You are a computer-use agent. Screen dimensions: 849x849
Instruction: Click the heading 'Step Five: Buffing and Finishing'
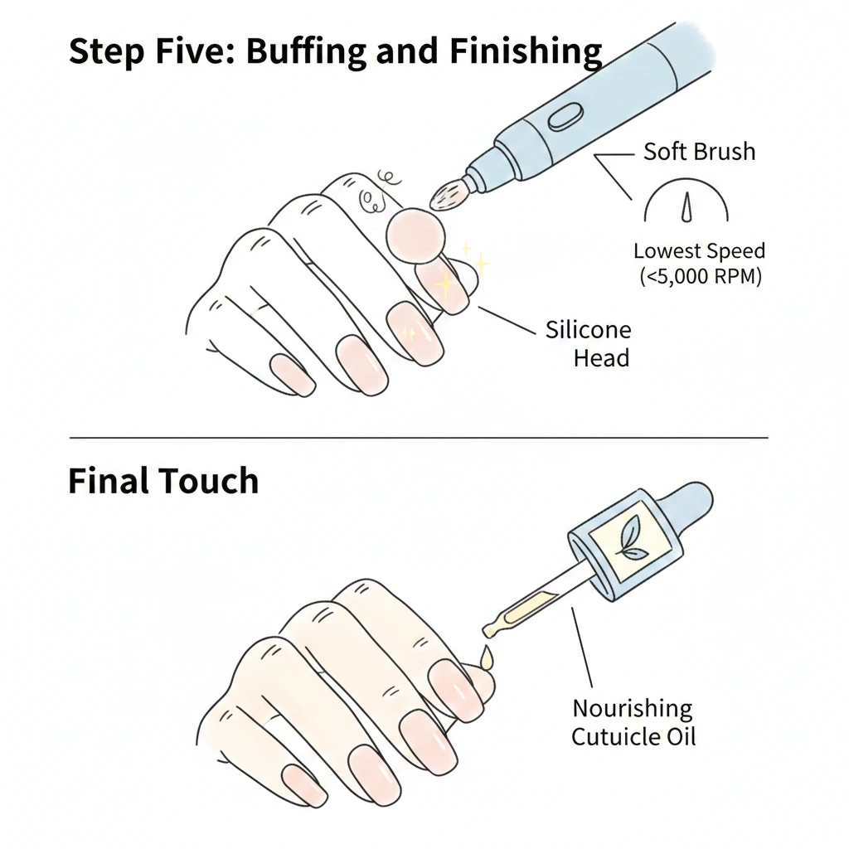click(335, 51)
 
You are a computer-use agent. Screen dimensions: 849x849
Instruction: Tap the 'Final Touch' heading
click(163, 481)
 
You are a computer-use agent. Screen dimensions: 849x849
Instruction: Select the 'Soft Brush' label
click(699, 152)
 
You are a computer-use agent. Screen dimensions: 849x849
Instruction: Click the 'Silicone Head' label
click(588, 344)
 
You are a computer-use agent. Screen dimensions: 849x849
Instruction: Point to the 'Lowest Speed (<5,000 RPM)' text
click(699, 264)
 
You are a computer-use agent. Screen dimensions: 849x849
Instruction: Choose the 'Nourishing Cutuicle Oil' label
click(633, 721)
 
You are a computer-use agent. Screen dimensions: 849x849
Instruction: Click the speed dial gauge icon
click(686, 202)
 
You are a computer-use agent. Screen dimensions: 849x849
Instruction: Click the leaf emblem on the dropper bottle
click(631, 538)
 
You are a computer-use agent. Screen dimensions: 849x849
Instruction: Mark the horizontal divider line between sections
click(419, 437)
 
